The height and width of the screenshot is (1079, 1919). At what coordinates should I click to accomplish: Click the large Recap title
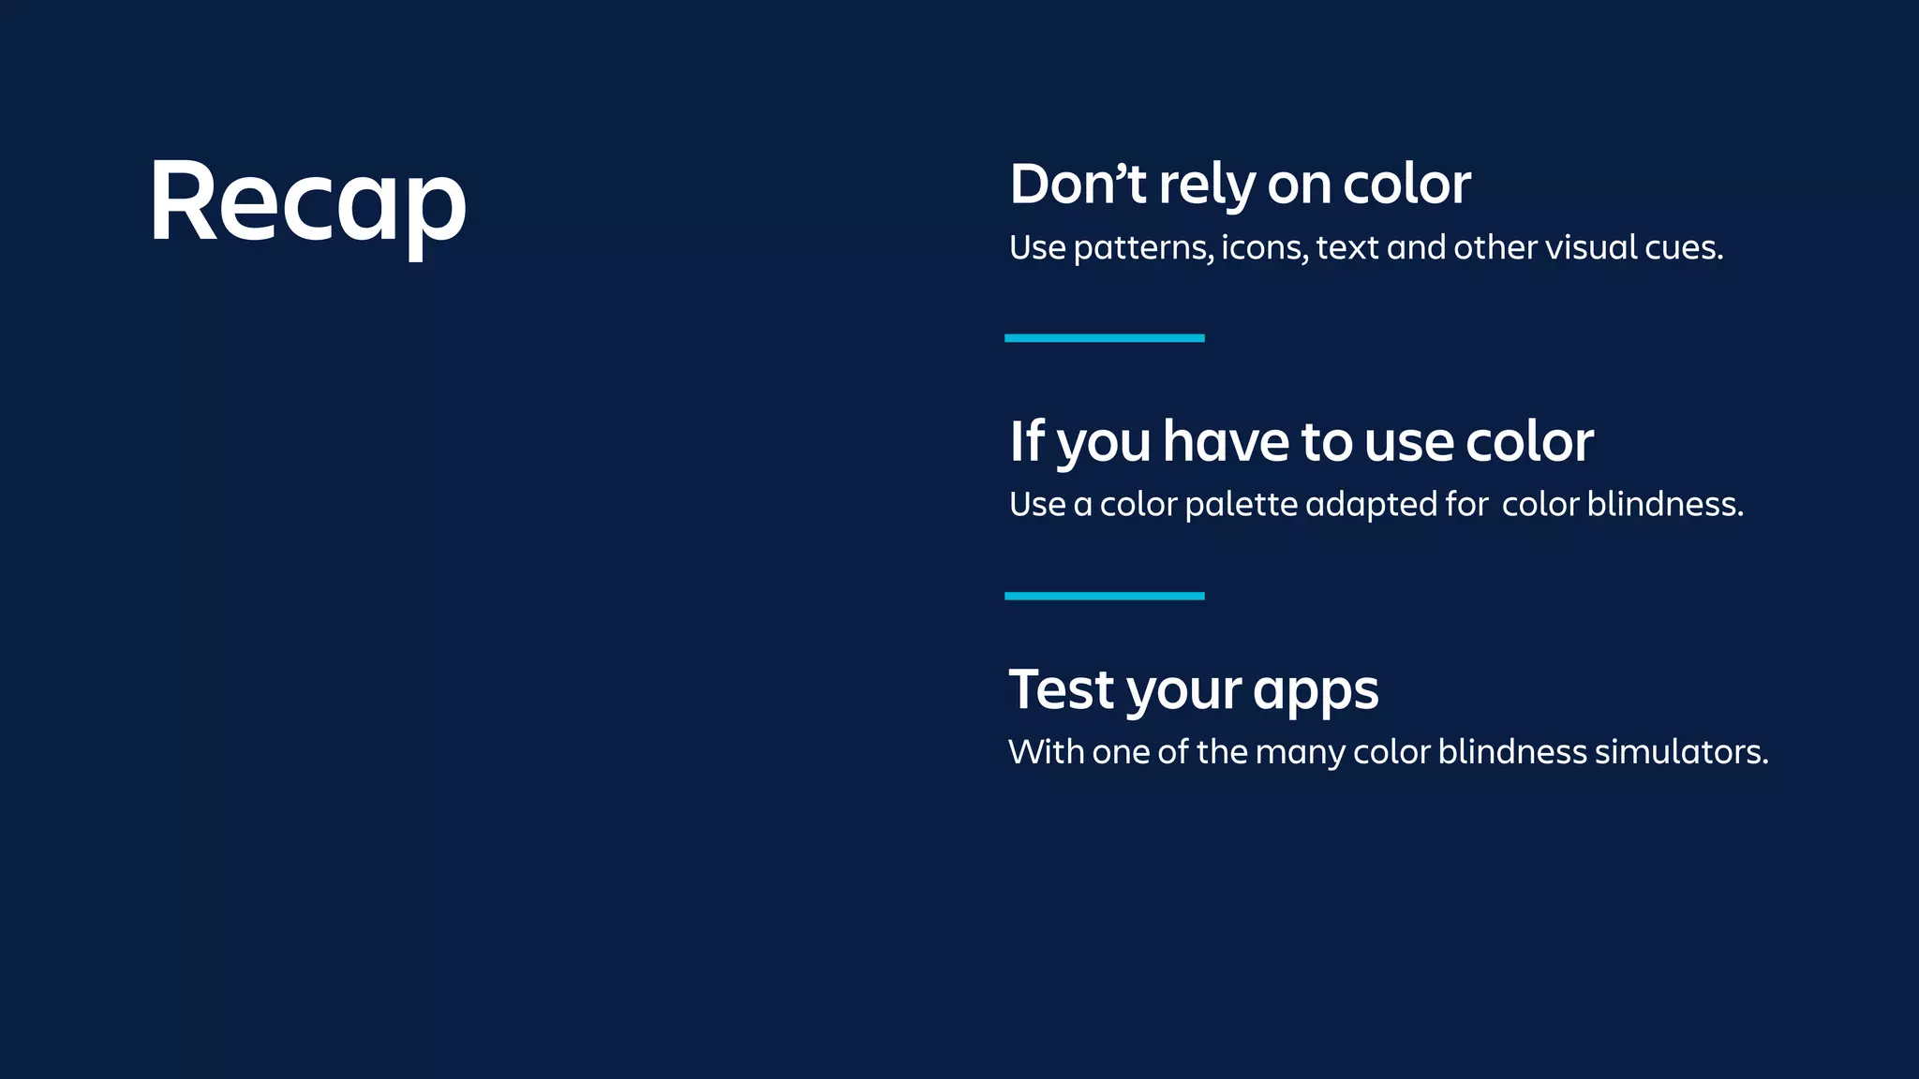pos(307,203)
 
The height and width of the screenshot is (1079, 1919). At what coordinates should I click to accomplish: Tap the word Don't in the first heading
pos(1078,185)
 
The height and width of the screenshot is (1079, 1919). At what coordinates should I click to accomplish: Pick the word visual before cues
pos(1604,247)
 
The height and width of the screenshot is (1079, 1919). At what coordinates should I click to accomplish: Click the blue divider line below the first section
pos(1104,338)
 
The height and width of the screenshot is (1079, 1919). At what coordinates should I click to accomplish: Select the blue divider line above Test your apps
pos(1104,596)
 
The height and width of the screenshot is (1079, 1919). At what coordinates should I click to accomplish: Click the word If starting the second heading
pos(1026,441)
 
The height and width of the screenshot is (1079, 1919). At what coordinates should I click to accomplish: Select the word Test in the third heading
pos(1062,690)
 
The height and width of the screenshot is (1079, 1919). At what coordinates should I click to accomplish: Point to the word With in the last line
pos(1045,752)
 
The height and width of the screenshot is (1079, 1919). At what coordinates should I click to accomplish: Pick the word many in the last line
pos(1300,753)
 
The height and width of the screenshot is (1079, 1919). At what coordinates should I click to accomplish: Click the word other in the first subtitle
pos(1495,247)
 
